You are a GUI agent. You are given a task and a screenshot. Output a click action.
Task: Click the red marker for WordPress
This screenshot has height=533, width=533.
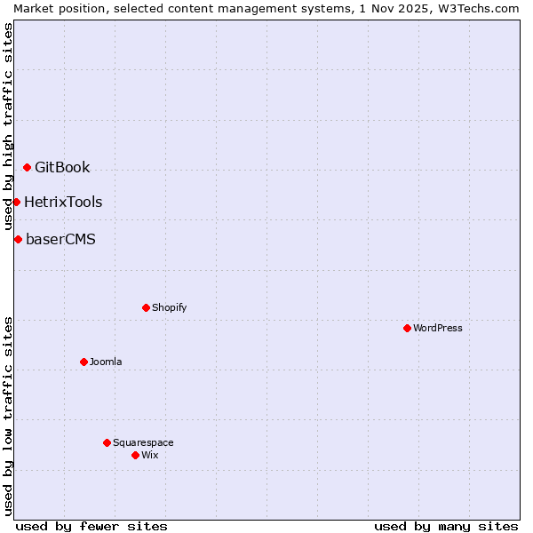tap(407, 328)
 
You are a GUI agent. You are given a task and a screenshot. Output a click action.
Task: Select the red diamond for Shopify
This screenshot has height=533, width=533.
tap(146, 307)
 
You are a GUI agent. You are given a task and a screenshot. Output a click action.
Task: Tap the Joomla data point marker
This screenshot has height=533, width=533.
tap(84, 362)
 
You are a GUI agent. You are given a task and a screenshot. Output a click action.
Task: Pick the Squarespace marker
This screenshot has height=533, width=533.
tap(107, 442)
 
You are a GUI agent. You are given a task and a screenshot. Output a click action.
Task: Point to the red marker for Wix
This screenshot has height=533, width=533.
tap(135, 455)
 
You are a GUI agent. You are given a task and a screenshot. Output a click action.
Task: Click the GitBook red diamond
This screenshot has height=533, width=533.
tap(27, 167)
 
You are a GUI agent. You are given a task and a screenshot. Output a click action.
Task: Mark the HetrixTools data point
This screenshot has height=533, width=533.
tap(16, 202)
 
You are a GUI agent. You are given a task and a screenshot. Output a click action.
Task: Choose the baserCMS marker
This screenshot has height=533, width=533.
tap(18, 239)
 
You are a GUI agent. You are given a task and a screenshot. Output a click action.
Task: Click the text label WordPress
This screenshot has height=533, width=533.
tap(437, 328)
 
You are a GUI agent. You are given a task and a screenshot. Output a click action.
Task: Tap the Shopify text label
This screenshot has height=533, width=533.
tap(169, 307)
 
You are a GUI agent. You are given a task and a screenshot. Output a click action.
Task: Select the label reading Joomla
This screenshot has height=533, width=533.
tap(106, 362)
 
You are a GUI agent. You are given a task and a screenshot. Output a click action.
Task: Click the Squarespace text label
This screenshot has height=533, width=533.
tap(143, 442)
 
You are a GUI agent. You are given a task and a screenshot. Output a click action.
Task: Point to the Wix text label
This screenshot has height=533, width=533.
tap(149, 455)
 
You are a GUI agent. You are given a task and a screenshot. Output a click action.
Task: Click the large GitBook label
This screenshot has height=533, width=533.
tap(62, 167)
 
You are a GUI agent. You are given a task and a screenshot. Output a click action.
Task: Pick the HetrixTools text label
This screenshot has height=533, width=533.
tap(63, 202)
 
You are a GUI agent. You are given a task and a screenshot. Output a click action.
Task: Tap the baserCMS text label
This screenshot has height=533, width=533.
tap(60, 239)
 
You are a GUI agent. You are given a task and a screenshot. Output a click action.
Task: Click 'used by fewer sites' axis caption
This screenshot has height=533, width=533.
tap(91, 526)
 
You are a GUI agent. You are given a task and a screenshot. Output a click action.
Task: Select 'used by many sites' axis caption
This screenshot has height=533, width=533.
tap(446, 526)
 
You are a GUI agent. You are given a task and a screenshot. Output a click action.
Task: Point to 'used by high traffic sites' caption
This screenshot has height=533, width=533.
tap(8, 125)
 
